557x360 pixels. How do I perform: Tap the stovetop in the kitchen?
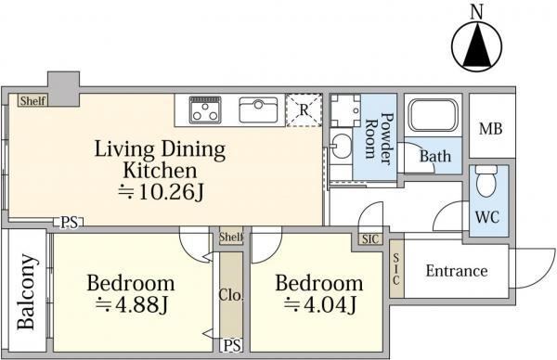tap(205, 109)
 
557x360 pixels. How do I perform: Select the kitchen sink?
tap(258, 110)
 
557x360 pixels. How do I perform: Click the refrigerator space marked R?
tap(304, 110)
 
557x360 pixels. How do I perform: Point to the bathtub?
tap(433, 115)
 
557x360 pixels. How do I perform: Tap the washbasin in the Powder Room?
tap(341, 146)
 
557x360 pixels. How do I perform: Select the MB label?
tap(490, 129)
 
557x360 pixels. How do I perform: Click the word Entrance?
tap(457, 271)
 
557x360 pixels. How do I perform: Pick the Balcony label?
tap(27, 291)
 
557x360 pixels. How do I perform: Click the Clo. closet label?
tap(231, 295)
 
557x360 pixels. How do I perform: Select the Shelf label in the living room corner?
tap(32, 101)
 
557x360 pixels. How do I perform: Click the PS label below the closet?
tap(233, 345)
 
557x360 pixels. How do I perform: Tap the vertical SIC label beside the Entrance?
tap(396, 269)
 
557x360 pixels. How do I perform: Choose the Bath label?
tap(435, 156)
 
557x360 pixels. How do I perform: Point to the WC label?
tap(487, 216)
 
